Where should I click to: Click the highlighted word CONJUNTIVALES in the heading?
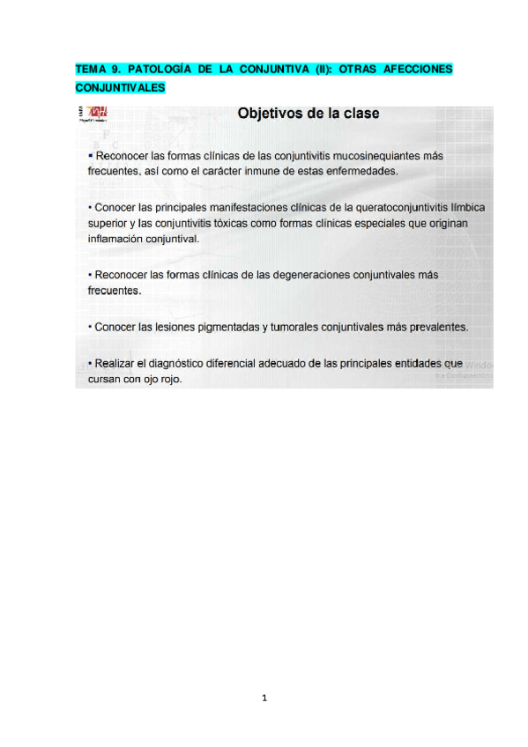120,87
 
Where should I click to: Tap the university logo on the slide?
93,114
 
